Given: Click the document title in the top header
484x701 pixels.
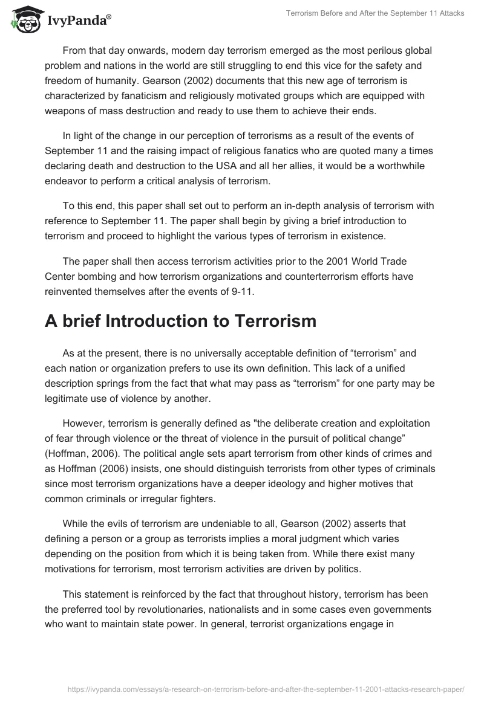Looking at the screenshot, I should [375, 13].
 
